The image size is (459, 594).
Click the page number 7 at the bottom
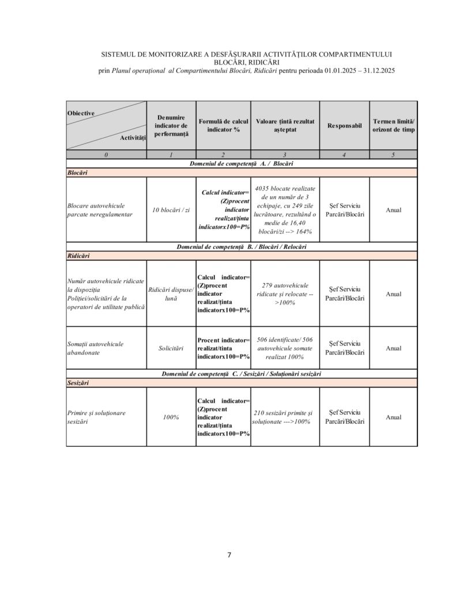point(229,555)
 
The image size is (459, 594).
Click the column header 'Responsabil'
point(344,125)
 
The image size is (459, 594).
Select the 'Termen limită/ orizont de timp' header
point(393,125)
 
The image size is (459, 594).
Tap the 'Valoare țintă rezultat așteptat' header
point(285,125)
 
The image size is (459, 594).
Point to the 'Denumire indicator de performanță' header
point(171,125)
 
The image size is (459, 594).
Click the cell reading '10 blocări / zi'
point(171,210)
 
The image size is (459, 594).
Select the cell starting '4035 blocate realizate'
point(285,210)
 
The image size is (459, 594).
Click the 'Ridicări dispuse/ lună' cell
point(171,294)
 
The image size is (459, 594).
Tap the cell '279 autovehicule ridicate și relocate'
point(285,294)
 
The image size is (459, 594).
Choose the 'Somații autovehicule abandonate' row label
point(96,348)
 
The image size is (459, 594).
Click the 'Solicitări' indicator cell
point(171,348)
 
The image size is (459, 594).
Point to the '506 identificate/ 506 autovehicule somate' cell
point(285,348)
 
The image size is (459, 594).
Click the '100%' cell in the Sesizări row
point(171,417)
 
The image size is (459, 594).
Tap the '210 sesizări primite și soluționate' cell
point(285,417)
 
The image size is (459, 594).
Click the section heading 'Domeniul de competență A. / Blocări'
point(242,164)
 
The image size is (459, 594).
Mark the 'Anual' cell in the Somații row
point(393,348)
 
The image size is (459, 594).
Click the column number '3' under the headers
point(285,155)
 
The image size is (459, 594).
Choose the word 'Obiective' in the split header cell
point(81,113)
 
